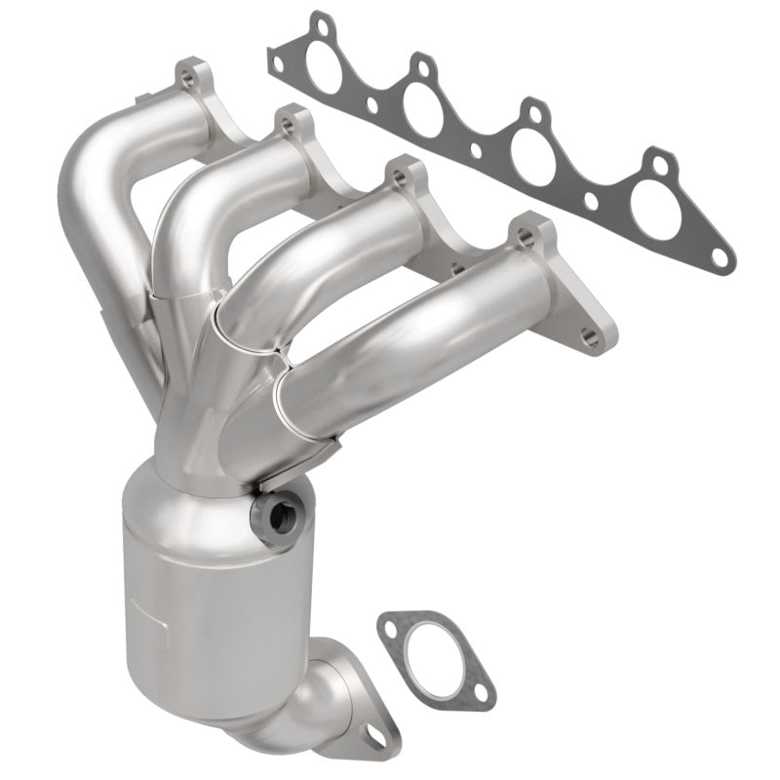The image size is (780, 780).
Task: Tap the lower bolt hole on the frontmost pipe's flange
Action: [587, 338]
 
